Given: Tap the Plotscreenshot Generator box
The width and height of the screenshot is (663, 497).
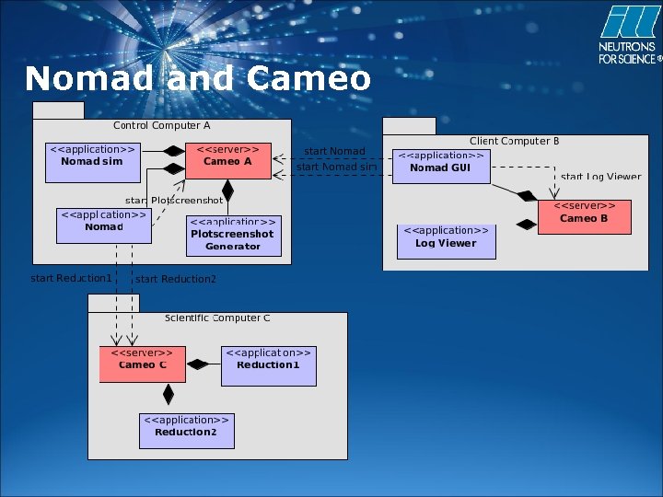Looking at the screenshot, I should point(232,237).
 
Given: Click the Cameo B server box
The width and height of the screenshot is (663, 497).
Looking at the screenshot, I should point(584,216).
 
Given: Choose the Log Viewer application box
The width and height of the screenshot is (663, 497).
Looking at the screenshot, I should point(447,240).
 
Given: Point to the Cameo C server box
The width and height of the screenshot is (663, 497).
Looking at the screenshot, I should point(142,364).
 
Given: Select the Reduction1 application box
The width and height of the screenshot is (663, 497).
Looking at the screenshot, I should point(268,364).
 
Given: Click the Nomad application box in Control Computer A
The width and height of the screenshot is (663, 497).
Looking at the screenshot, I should point(103,225).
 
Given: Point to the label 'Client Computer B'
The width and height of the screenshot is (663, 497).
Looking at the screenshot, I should point(514,141).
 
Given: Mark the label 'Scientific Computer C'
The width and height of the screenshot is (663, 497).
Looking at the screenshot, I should point(217,318).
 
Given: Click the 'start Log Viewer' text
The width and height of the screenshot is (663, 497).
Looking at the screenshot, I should point(600,177).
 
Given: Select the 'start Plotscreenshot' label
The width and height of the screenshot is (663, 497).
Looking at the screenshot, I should point(174,200).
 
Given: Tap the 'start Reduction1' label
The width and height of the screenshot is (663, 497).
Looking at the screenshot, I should point(71,278).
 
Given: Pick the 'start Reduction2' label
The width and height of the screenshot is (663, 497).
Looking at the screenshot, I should point(176,279).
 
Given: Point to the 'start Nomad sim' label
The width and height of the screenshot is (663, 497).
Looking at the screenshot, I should point(336,168).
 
